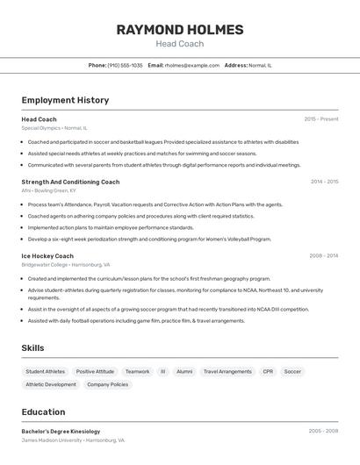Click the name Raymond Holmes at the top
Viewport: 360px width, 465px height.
(180, 30)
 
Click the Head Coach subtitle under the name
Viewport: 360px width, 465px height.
(180, 44)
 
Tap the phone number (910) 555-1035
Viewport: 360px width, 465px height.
(125, 65)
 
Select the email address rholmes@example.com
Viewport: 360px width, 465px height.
(192, 65)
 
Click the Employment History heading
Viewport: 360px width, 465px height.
(65, 100)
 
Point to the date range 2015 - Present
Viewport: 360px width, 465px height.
(321, 118)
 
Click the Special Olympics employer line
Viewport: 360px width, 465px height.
(54, 128)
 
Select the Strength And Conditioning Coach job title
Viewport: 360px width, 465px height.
(70, 182)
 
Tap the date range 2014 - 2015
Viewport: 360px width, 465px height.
(324, 182)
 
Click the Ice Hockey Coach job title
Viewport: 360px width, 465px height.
(47, 255)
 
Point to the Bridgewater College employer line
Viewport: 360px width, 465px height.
(66, 264)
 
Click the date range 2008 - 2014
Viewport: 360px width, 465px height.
(323, 255)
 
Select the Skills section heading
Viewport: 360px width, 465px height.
(32, 348)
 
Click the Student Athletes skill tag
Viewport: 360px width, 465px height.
(46, 371)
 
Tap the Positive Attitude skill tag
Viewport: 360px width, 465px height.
(95, 371)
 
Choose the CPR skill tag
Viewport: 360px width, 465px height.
(268, 371)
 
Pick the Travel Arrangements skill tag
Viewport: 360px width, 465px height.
(227, 371)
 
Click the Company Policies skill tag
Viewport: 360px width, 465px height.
(108, 384)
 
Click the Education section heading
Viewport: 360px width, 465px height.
(43, 411)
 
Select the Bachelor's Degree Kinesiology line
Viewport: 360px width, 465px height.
(61, 431)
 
